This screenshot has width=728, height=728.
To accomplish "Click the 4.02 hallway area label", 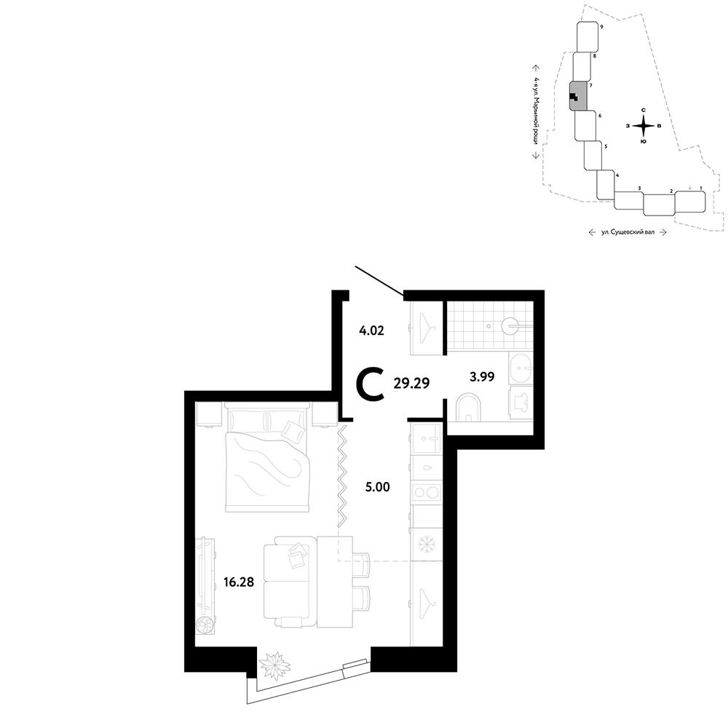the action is coord(371,331).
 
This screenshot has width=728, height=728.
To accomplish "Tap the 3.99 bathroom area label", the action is coord(481,376).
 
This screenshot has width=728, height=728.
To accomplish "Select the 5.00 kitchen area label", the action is coord(377,487).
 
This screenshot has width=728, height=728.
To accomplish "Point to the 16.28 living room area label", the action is coord(239,582).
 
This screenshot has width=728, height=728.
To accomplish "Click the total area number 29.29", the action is coord(411,383).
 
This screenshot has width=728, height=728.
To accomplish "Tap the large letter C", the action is coord(370,384).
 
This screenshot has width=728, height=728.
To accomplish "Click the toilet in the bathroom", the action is coord(470,408).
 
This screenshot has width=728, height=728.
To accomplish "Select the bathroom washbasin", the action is coord(521,368).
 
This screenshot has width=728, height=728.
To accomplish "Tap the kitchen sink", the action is coord(426,438).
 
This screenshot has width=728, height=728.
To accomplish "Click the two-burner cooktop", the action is coord(427,491).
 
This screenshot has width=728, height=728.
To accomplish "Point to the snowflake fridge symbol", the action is coord(426,544).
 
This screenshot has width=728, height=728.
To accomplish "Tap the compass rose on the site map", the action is coord(644,125).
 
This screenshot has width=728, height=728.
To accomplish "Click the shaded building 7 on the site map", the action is coord(578,96).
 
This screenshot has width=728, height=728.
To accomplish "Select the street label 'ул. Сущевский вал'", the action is coord(628,232).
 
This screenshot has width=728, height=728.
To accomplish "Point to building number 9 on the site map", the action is coord(601,28).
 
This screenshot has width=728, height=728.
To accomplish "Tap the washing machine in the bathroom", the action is coord(521,403).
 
